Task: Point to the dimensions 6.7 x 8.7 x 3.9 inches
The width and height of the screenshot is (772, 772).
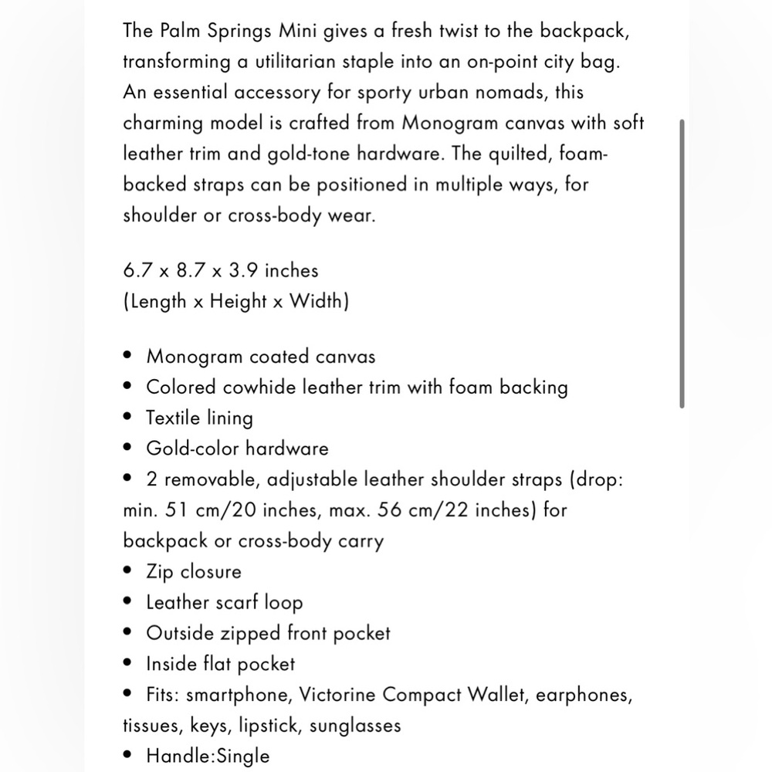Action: (220, 270)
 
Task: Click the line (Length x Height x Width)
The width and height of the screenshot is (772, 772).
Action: (235, 301)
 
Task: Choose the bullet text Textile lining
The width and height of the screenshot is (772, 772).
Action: (199, 418)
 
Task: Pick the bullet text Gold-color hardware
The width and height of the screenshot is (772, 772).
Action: (237, 449)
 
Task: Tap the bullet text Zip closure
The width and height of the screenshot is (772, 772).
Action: (194, 572)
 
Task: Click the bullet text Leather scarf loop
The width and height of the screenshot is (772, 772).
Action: (225, 603)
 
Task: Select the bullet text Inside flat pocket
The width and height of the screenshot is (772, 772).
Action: (221, 664)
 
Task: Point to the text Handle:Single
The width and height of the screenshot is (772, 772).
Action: (208, 756)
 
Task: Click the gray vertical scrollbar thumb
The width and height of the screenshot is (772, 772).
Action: (681, 262)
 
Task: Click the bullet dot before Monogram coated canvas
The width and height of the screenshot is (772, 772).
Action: (128, 357)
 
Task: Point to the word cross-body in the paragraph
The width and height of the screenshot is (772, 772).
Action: (273, 215)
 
